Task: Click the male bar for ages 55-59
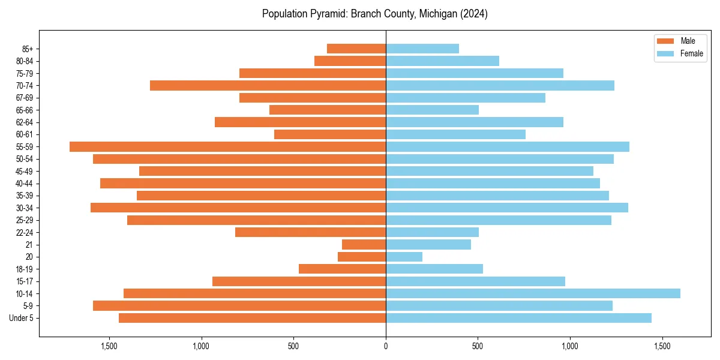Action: pyautogui.click(x=228, y=146)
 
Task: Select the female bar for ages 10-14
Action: pyautogui.click(x=533, y=293)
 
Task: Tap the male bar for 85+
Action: pyautogui.click(x=356, y=49)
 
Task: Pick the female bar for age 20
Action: pyautogui.click(x=404, y=257)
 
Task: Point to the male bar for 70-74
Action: pyautogui.click(x=268, y=85)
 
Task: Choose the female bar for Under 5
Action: pyautogui.click(x=518, y=318)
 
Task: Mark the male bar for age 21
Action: pyautogui.click(x=364, y=245)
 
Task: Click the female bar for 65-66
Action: pyautogui.click(x=432, y=110)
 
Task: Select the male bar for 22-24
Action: pyautogui.click(x=310, y=232)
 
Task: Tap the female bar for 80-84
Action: pyautogui.click(x=442, y=61)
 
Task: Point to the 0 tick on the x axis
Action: pyautogui.click(x=386, y=346)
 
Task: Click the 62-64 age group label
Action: pyautogui.click(x=25, y=122)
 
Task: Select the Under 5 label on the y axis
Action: pyautogui.click(x=22, y=318)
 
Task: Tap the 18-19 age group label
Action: pyautogui.click(x=25, y=269)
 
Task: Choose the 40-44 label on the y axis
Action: pyautogui.click(x=25, y=184)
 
